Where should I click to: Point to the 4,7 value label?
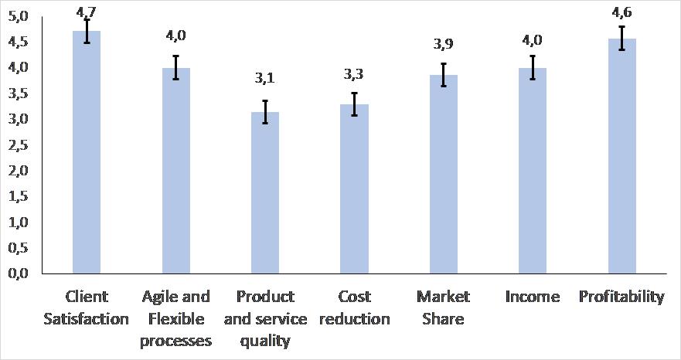click(87, 11)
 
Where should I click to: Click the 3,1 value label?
click(265, 78)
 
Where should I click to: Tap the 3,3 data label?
click(354, 74)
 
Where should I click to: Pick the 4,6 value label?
click(621, 13)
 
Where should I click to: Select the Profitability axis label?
click(621, 297)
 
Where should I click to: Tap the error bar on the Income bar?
click(533, 67)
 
